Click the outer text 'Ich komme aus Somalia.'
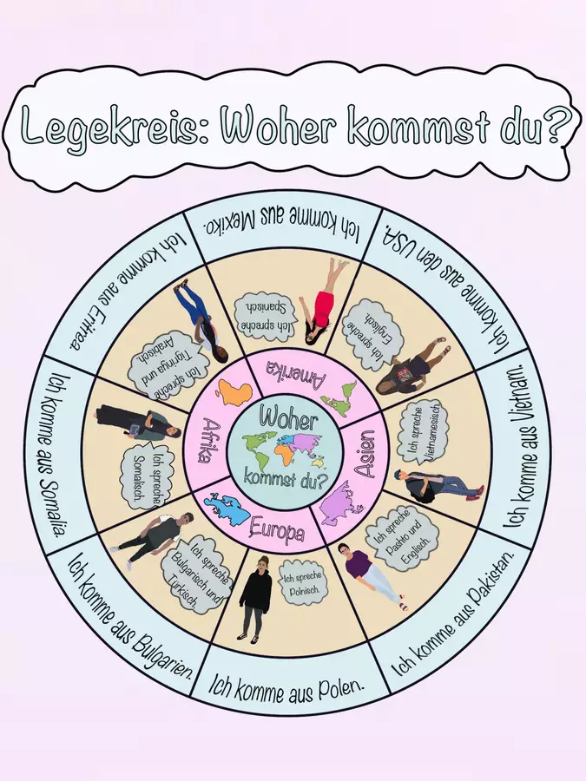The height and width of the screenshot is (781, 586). tap(58, 456)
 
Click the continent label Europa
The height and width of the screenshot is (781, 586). tap(277, 529)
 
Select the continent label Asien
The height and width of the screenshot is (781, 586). tap(368, 453)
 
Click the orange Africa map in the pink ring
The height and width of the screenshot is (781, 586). tap(237, 393)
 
